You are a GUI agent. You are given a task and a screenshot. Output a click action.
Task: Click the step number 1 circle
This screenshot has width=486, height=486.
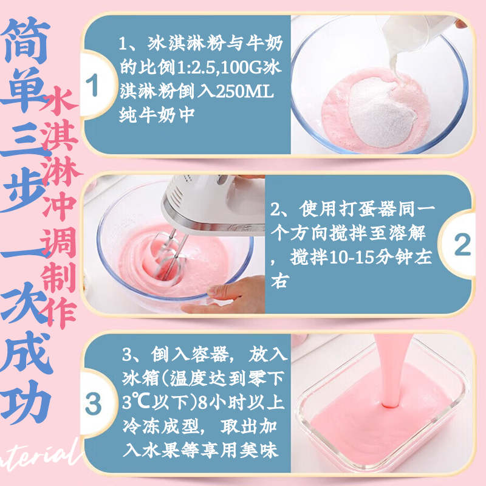[92, 86]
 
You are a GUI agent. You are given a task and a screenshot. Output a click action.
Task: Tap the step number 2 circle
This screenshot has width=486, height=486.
[462, 245]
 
